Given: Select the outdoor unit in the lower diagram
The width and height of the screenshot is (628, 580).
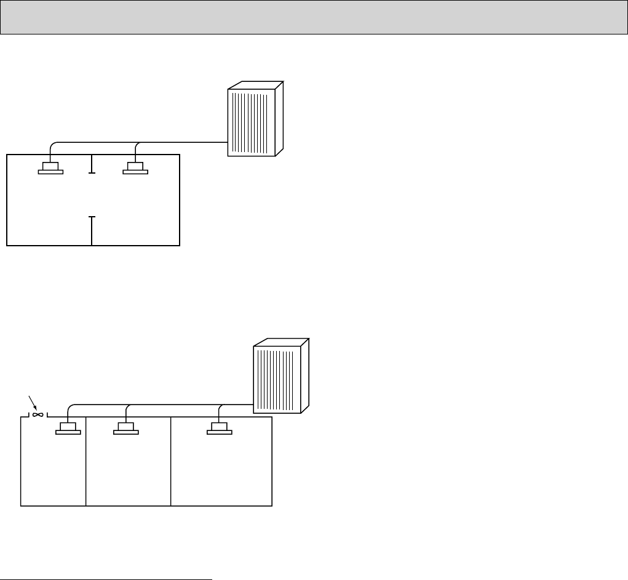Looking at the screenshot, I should point(280,377).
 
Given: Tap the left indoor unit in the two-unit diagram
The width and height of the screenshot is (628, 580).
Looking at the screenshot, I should point(50,168).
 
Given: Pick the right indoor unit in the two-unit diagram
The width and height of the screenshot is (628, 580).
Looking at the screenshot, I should point(135,168).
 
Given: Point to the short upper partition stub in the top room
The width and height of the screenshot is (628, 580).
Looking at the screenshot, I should point(92,164).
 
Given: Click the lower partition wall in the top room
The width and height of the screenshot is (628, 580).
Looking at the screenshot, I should point(92,231).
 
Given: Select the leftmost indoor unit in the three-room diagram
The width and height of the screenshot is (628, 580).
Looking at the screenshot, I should point(68,428).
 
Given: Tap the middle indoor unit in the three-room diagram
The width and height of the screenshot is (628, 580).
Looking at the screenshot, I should point(126,428).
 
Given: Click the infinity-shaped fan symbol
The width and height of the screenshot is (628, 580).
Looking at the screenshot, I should point(38,415).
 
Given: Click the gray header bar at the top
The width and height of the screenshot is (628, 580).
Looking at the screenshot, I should point(314,17).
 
